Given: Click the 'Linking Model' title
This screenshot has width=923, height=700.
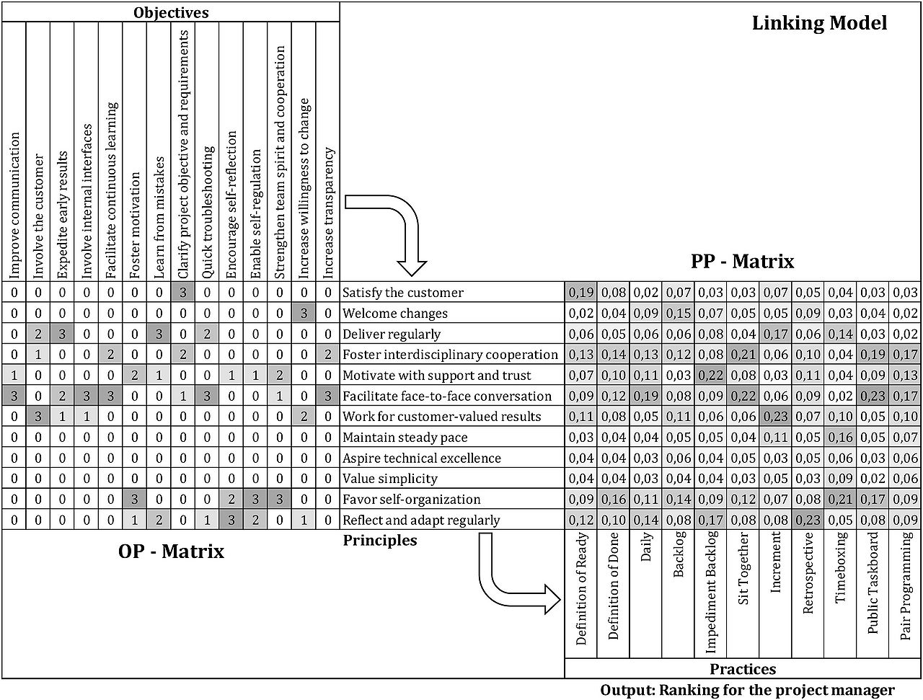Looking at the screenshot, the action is [819, 23].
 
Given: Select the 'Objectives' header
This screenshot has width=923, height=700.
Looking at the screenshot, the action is [171, 12].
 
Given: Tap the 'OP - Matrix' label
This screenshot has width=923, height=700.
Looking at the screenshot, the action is [171, 551].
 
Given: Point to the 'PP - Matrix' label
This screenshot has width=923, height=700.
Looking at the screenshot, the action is [743, 261].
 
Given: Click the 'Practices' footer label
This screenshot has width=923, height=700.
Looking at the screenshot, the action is [743, 669].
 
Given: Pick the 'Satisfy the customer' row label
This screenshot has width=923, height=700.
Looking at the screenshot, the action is [403, 293].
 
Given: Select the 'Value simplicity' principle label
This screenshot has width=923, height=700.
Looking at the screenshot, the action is [390, 479].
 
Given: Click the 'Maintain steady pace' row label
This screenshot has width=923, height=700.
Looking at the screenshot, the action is [405, 438].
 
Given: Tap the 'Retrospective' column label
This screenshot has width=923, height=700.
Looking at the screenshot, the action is [808, 573].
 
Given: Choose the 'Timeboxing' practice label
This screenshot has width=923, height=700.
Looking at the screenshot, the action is [840, 568].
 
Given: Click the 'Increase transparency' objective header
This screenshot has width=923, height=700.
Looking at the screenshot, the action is [328, 213].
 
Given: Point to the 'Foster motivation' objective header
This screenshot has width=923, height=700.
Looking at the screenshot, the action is [135, 226].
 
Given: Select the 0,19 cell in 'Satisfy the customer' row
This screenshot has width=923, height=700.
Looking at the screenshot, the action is [580, 293].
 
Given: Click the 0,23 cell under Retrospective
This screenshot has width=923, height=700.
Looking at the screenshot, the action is [808, 520].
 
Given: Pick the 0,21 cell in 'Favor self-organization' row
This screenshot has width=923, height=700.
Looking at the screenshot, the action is [840, 499].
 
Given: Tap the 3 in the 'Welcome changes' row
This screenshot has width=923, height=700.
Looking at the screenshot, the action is [304, 313].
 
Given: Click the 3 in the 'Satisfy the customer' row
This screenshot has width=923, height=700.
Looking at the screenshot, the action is [183, 293].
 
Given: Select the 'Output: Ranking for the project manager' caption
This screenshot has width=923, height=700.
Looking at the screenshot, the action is [747, 690].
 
